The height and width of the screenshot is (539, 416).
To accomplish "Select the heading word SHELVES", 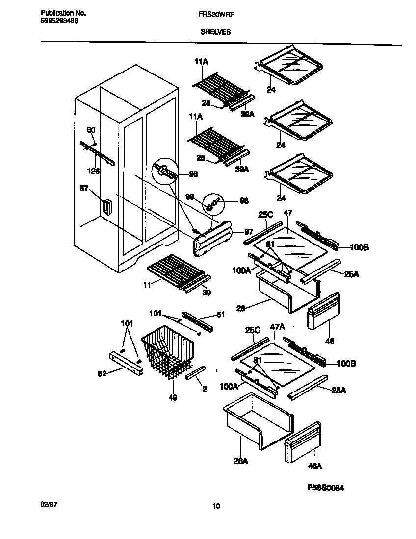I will (x=215, y=32).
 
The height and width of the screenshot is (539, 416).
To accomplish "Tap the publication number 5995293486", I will (x=58, y=21).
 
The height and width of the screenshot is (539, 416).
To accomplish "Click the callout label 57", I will (x=84, y=188).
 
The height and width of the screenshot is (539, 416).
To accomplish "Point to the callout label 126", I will (x=93, y=171).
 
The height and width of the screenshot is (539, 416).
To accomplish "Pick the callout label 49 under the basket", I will (x=172, y=397).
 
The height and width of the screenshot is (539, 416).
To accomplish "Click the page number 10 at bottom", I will (x=216, y=507).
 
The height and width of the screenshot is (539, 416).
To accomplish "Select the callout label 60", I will (x=91, y=130).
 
